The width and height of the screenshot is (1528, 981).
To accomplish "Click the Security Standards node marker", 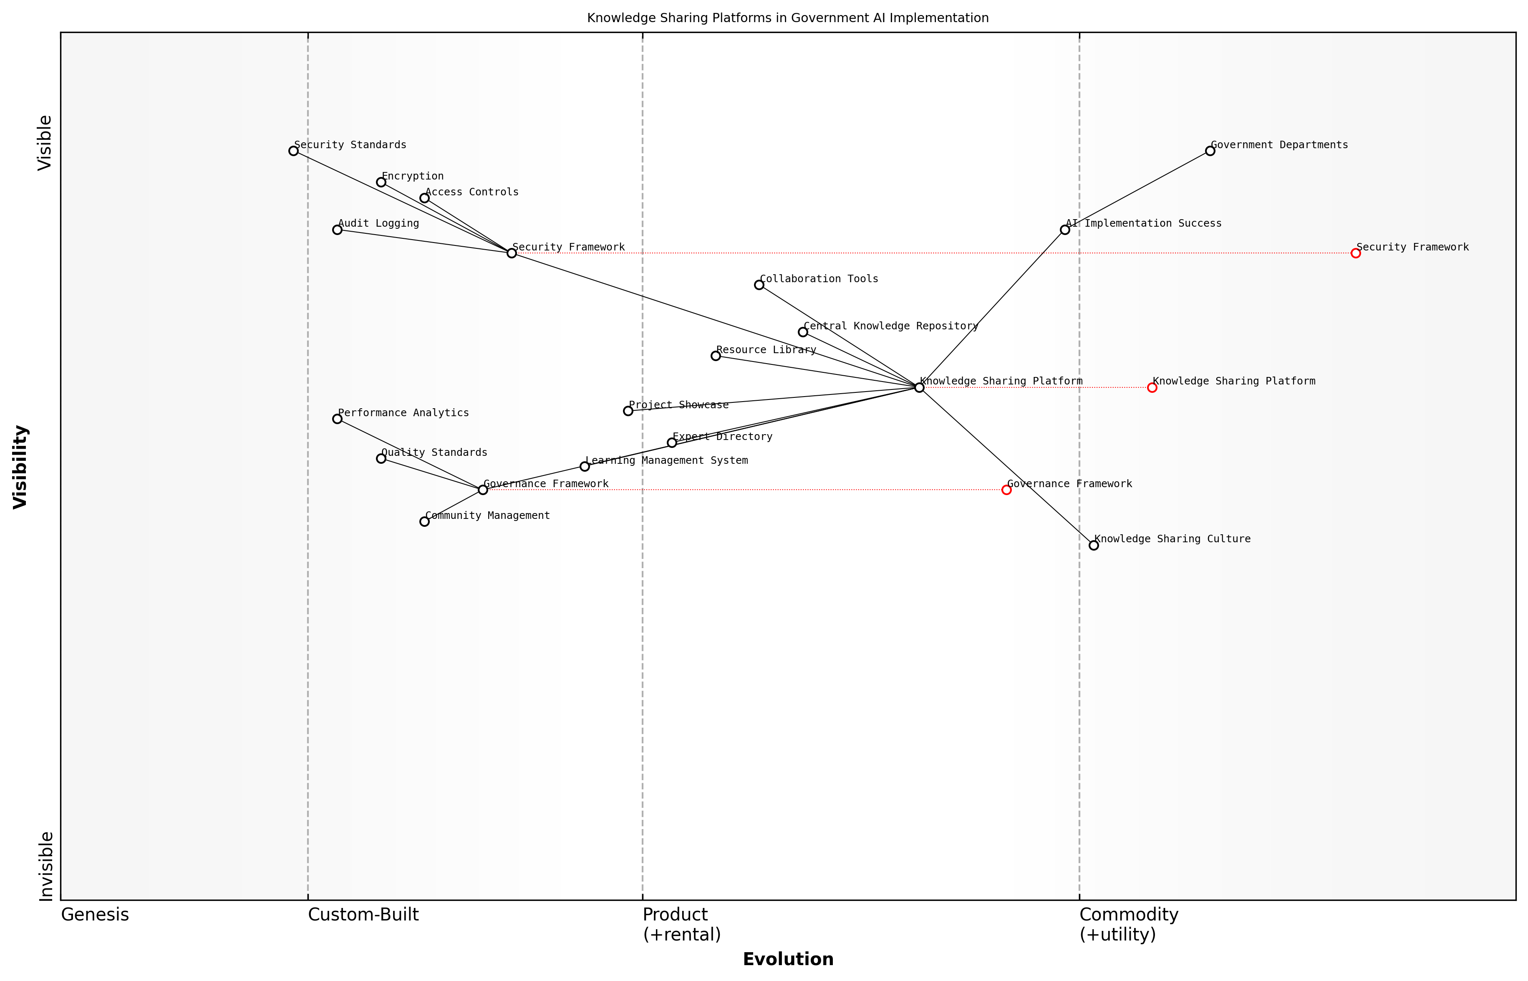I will [x=293, y=151].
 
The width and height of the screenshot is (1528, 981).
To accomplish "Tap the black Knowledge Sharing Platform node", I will [x=919, y=388].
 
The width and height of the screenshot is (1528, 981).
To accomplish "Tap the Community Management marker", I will [x=425, y=522].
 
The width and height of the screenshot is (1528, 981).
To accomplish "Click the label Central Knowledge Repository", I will [x=891, y=326].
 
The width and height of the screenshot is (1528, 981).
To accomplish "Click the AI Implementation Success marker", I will [x=1065, y=230].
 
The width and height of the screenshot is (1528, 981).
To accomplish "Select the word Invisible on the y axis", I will [x=46, y=866].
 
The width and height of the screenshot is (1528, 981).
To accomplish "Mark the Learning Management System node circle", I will [x=585, y=467].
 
